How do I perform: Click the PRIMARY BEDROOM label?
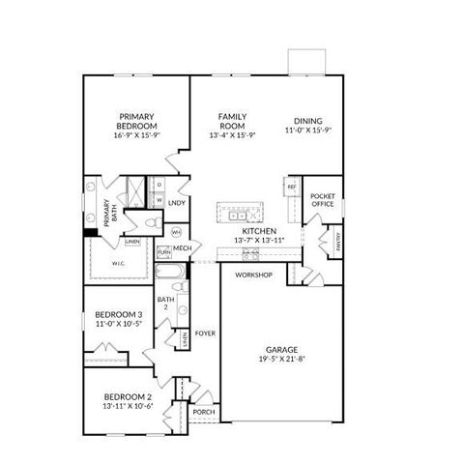136,119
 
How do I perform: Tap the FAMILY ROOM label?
232,119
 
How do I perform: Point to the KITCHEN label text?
259,231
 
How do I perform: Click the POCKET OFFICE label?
322,199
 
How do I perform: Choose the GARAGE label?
282,349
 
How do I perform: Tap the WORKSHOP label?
254,275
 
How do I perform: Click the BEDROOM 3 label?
119,315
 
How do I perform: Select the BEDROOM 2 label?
128,397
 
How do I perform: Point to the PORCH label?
204,413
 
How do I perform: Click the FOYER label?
205,333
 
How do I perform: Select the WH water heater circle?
176,233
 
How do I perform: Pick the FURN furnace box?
163,252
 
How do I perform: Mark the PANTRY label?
338,239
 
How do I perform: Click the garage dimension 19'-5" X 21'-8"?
282,360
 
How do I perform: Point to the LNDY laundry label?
177,203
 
